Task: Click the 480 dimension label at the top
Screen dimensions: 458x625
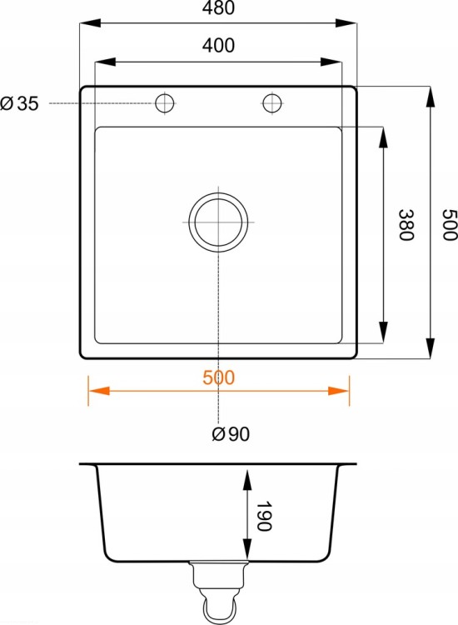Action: [x=218, y=7]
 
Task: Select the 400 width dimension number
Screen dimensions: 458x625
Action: [x=218, y=46]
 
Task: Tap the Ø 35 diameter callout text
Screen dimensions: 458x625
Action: [x=19, y=103]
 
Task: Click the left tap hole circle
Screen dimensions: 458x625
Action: [x=165, y=102]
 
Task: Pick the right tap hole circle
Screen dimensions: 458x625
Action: [x=272, y=102]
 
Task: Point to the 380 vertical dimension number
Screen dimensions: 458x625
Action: [x=406, y=225]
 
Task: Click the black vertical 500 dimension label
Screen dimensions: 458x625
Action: [x=450, y=225]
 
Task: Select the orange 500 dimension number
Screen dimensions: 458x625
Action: [x=218, y=377]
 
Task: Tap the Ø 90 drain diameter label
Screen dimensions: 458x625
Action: [x=231, y=433]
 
